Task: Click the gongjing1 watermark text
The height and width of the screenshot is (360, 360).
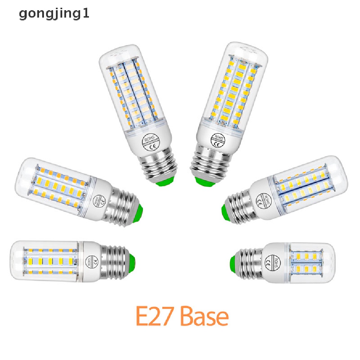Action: click(x=54, y=14)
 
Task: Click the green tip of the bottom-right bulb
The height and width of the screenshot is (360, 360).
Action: click(x=233, y=262)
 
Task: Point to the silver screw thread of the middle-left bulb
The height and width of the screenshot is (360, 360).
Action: click(x=123, y=207)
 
